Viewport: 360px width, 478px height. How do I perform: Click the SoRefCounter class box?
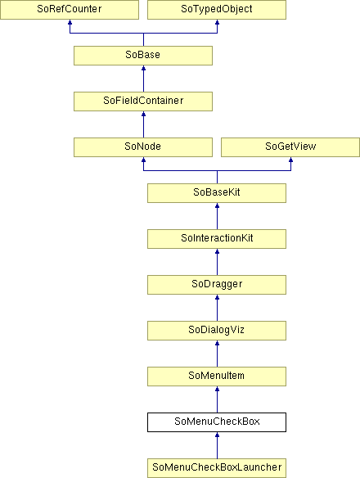[x=70, y=10]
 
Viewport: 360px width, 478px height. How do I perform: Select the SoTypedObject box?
[x=217, y=10]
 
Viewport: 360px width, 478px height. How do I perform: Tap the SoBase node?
[x=143, y=56]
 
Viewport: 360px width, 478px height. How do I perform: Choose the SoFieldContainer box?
[x=143, y=101]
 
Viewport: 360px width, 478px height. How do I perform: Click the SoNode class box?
[x=143, y=147]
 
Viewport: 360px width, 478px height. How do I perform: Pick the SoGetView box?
[x=290, y=147]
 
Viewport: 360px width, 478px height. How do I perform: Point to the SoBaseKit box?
[x=217, y=193]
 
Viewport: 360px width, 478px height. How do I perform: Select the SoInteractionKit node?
[x=217, y=239]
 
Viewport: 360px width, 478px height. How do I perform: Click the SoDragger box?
[x=217, y=285]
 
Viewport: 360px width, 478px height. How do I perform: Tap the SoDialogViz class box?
[x=217, y=331]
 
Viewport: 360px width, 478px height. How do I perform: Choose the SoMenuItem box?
[x=217, y=377]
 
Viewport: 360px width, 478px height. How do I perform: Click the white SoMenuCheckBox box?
[x=217, y=422]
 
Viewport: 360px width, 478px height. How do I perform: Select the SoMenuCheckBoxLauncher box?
[x=217, y=468]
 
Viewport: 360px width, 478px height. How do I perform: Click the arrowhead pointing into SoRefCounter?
[x=70, y=22]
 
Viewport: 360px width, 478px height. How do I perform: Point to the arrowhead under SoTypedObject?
[x=217, y=22]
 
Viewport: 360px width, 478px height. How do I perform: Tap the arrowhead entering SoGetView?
[x=290, y=160]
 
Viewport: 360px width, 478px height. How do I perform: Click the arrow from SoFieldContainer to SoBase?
[x=143, y=79]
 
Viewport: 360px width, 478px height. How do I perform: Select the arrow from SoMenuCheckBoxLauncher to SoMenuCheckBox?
[x=217, y=445]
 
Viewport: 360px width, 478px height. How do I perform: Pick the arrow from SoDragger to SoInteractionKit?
[x=217, y=262]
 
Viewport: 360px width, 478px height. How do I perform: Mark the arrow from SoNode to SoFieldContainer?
[x=143, y=124]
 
